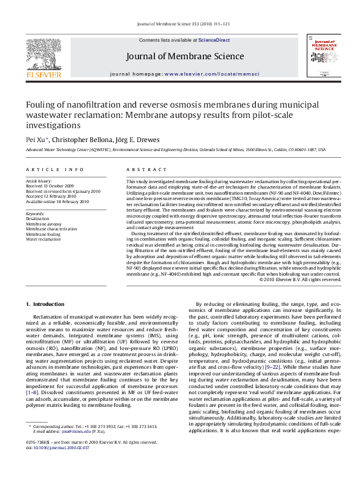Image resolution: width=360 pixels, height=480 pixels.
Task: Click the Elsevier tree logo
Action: (43, 54)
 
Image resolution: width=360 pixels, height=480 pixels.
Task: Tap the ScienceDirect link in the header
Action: (214, 40)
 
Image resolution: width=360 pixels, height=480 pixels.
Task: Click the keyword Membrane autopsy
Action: (44, 224)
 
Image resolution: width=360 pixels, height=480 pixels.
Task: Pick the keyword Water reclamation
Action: (43, 239)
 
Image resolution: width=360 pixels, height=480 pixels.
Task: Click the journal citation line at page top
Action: (180, 24)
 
